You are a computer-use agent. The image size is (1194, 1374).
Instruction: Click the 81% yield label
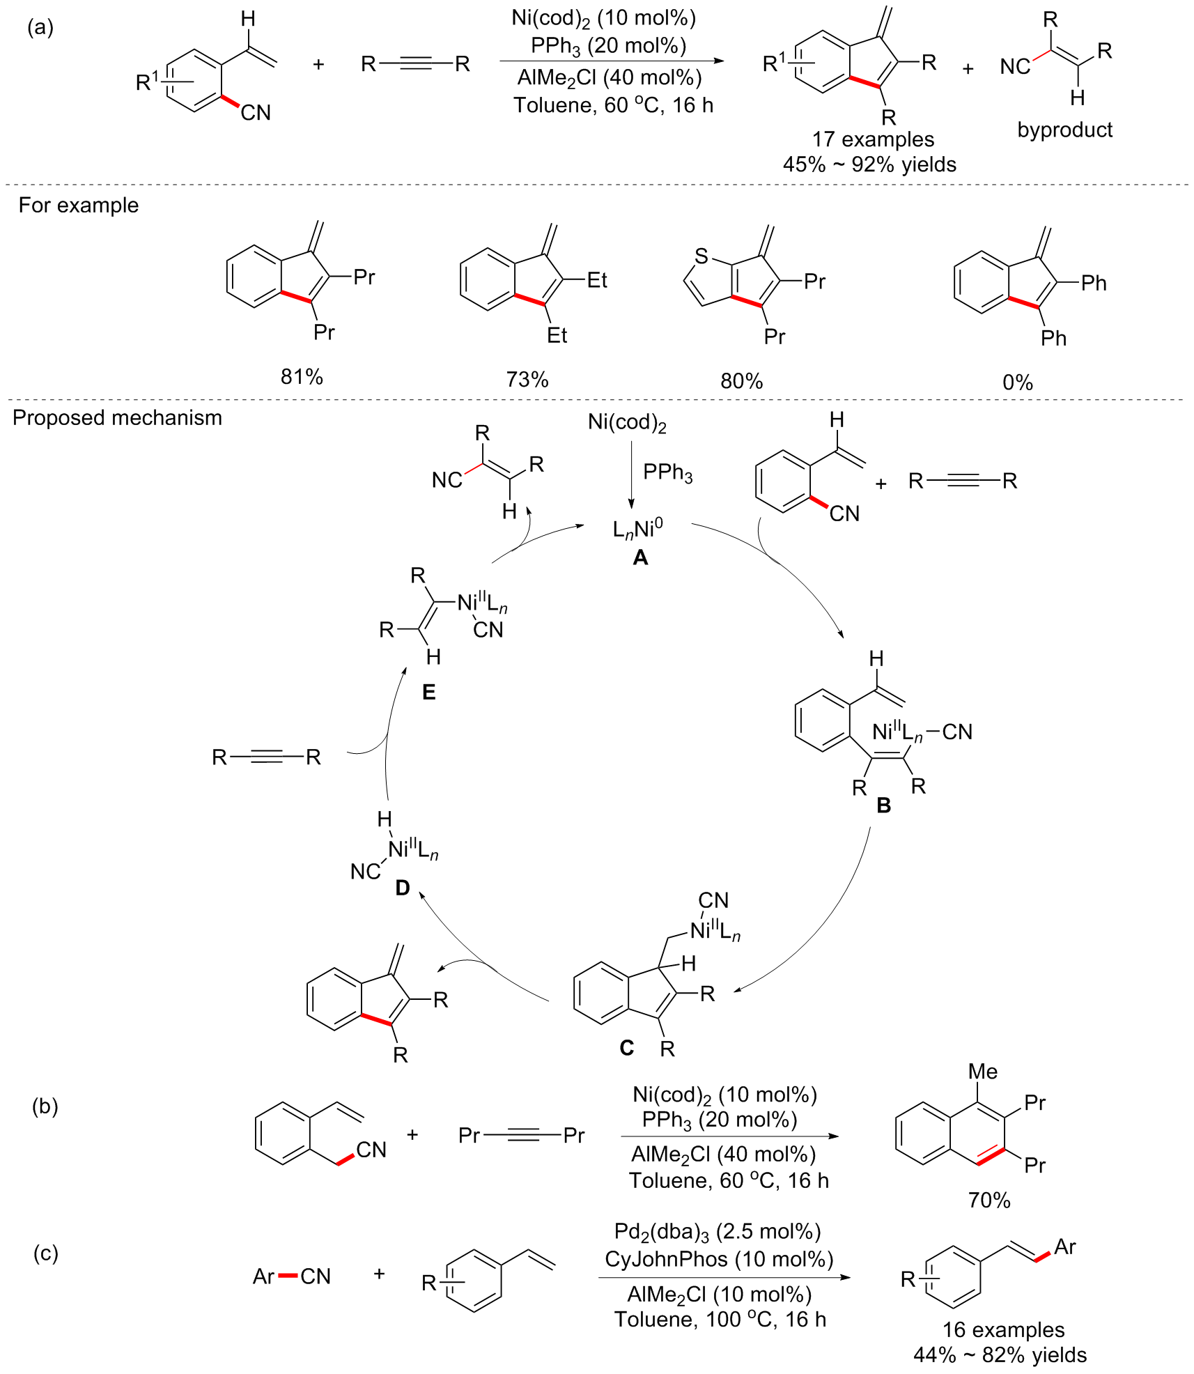tap(302, 377)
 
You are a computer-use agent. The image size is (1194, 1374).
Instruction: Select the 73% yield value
tap(527, 380)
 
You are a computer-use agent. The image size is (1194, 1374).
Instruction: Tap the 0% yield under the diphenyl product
tap(1018, 382)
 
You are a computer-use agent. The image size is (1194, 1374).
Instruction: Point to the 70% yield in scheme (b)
tap(989, 1200)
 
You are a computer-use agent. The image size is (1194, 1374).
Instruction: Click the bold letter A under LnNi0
tap(640, 557)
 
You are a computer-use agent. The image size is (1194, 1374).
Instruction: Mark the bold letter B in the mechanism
tap(884, 805)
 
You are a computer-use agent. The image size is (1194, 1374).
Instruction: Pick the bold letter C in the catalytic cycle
tap(627, 1048)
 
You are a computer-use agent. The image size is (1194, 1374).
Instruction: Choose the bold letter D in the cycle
tap(403, 888)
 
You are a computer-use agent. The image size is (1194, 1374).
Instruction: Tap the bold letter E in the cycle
tap(429, 692)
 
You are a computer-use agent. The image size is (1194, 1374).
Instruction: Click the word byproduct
tap(1065, 130)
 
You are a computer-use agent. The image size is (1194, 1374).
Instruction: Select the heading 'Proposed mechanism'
tap(117, 417)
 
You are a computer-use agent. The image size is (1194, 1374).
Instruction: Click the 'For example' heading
tap(79, 205)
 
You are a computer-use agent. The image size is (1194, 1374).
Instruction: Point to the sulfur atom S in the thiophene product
tap(701, 257)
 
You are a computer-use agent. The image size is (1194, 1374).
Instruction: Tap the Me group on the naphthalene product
tap(983, 1072)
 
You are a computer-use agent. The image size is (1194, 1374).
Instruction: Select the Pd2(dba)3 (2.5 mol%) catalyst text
tap(718, 1232)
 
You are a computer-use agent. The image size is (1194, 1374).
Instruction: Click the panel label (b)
tap(45, 1106)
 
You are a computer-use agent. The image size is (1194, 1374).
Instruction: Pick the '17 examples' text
tap(873, 139)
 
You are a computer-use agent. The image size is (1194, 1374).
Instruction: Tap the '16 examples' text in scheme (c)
tap(1004, 1329)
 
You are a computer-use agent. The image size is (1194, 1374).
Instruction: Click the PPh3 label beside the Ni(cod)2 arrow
tap(667, 473)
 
